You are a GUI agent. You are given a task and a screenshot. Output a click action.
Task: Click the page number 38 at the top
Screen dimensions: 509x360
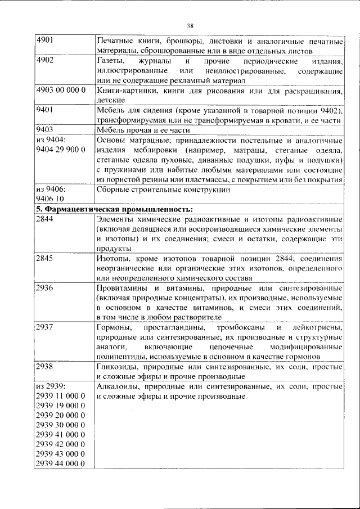click(190, 25)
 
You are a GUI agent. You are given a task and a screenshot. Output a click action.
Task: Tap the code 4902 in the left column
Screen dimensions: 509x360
click(44, 60)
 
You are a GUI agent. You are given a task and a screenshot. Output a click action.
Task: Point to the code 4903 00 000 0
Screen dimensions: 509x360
click(60, 90)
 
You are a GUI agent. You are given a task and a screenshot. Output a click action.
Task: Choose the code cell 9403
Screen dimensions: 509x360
click(44, 129)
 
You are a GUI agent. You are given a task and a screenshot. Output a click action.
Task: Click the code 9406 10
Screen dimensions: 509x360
click(50, 199)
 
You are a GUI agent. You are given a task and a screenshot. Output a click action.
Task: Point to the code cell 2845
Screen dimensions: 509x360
click(44, 258)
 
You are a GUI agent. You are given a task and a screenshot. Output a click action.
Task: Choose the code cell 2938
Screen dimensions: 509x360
click(44, 367)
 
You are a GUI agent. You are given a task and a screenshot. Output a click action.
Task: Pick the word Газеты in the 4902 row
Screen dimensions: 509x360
click(109, 60)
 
